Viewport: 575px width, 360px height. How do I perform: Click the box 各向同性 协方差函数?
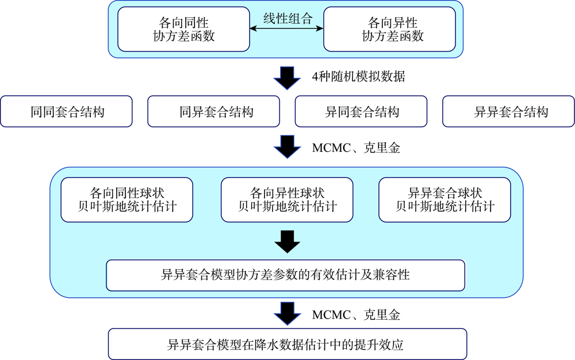pos(184,29)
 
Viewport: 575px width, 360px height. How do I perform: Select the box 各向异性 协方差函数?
pos(389,29)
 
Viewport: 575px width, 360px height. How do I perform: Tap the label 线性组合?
pos(288,18)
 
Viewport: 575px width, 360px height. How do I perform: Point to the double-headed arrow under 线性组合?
pos(287,28)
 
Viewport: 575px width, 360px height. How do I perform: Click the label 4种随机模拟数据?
pos(358,76)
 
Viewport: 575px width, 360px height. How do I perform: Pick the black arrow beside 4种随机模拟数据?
pos(287,78)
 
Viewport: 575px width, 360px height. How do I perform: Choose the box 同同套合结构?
pos(66,112)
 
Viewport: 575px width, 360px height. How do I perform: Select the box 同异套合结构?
pos(214,112)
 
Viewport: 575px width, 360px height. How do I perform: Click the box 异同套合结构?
pos(361,112)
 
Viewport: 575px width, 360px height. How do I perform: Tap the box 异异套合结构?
pos(509,112)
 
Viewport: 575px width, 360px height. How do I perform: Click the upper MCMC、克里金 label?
pos(356,148)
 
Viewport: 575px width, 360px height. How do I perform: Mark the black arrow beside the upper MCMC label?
pos(287,147)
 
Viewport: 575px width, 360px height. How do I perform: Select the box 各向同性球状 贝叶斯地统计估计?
pos(127,200)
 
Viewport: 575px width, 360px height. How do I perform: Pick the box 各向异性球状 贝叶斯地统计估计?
pos(287,200)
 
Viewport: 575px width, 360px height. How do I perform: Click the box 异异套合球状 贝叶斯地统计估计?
pos(445,200)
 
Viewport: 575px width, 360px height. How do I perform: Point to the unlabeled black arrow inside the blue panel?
pos(287,242)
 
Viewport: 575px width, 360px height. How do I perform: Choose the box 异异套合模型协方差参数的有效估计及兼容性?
pos(286,275)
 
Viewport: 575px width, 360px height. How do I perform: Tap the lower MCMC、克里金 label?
pos(356,315)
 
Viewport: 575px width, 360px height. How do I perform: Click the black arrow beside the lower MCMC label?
pos(287,313)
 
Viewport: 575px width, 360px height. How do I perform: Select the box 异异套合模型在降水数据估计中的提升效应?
pos(287,344)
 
